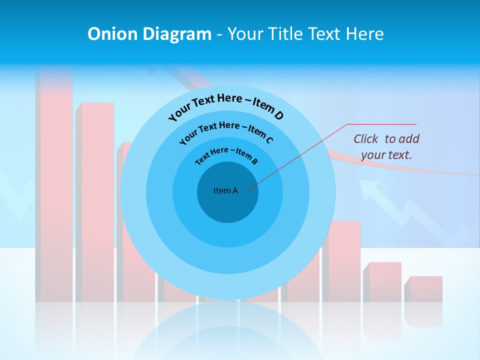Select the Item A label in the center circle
tap(225, 190)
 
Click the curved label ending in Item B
tap(226, 154)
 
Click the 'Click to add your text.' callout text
tap(386, 147)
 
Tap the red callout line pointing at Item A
tap(300, 155)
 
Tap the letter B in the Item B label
tap(254, 161)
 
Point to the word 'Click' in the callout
tap(367, 139)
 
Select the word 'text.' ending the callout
tap(400, 155)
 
